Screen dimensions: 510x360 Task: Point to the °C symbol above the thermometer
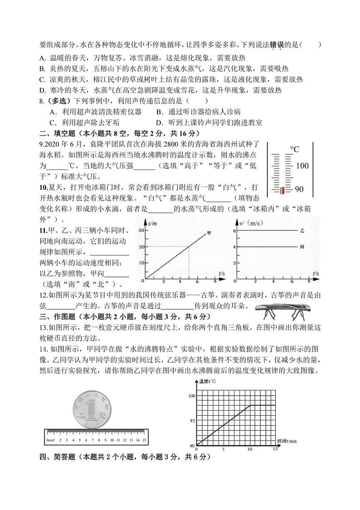coord(295,149)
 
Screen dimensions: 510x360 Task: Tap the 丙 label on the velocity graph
coord(302,247)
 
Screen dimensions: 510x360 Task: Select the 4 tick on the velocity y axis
coord(235,247)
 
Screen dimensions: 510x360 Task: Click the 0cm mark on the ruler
coord(50,441)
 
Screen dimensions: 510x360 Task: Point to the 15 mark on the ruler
coord(144,441)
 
